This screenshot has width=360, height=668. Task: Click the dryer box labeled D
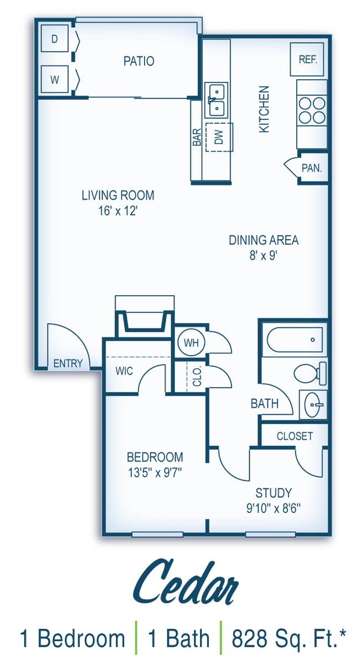[55, 39]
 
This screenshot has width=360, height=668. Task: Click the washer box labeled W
[55, 79]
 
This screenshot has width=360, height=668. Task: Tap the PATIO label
[138, 61]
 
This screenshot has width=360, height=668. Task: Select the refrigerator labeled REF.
[308, 59]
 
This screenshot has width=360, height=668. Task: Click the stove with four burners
[311, 110]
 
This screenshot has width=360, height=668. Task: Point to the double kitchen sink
[216, 100]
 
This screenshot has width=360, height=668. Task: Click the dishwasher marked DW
[218, 137]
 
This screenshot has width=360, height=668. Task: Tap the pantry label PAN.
[312, 168]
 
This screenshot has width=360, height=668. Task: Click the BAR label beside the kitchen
[197, 138]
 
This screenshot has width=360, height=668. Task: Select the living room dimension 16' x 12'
[118, 211]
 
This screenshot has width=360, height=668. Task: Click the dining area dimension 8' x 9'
[264, 255]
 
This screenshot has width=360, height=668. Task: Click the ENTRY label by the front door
[68, 363]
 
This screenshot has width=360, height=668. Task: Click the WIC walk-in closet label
[125, 371]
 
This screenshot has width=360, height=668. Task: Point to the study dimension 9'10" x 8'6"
[274, 507]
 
